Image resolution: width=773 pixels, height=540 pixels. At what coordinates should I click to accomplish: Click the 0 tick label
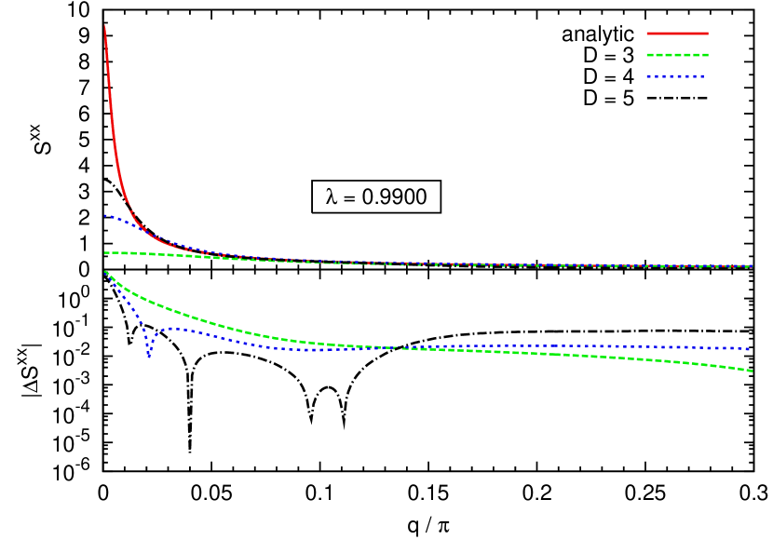[84, 270]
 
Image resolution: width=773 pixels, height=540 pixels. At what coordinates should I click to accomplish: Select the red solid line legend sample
[677, 34]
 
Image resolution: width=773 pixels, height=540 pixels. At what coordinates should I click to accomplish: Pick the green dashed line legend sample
[677, 55]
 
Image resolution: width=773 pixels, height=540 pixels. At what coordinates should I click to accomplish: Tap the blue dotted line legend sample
[675, 76]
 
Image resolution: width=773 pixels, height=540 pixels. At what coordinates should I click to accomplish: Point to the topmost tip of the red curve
[104, 26]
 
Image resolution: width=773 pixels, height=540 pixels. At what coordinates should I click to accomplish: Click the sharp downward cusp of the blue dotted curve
[148, 356]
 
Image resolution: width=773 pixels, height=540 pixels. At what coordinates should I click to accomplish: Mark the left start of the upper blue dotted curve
[105, 215]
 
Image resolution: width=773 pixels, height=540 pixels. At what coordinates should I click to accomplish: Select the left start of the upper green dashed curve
[105, 252]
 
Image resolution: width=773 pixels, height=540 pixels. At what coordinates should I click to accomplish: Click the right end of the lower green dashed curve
[752, 371]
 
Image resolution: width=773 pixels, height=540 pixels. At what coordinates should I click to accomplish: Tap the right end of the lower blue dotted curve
[751, 349]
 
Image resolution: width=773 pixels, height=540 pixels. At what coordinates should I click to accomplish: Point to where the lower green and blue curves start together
[105, 271]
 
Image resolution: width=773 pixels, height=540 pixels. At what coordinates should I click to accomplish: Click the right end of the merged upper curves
[752, 266]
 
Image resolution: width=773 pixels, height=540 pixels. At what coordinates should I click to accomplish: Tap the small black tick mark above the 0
[85, 248]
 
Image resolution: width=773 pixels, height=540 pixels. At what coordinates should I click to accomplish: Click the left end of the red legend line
[648, 34]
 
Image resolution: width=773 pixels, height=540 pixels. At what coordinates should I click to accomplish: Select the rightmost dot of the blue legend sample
[701, 76]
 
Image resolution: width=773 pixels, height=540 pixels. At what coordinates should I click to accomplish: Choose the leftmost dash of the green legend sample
[651, 55]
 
